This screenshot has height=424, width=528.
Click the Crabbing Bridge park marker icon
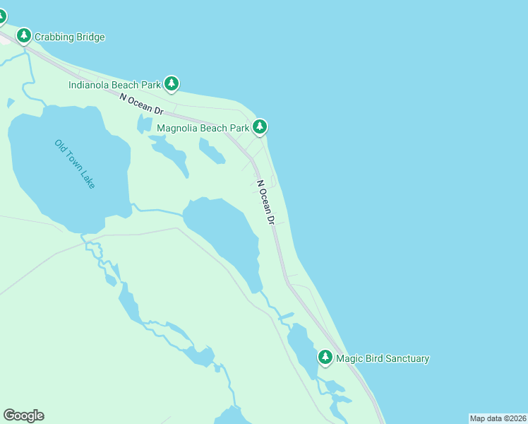24,35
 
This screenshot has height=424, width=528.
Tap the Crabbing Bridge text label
71,37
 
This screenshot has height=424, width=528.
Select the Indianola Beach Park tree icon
172,84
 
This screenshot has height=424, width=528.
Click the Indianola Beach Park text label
115,85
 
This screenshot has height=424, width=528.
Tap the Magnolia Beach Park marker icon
260,127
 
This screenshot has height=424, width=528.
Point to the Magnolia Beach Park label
203,128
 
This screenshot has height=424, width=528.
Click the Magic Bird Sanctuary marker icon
325,358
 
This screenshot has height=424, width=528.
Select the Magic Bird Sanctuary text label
383,358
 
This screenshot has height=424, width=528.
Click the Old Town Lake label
75,164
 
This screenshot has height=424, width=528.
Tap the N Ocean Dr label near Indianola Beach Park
141,105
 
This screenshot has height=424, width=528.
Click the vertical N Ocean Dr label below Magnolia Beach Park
265,202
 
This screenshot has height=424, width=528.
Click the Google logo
23,416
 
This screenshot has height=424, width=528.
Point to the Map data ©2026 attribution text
498,418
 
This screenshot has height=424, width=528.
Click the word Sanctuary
405,358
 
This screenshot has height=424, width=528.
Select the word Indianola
90,85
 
